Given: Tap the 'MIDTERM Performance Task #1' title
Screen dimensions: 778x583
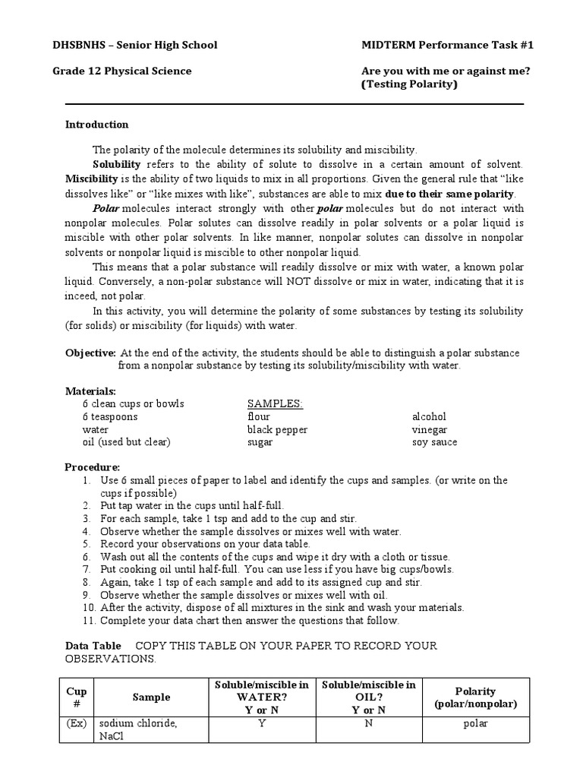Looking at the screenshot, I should point(447,45).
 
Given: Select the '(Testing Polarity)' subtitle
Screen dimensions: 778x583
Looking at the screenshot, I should point(410,84).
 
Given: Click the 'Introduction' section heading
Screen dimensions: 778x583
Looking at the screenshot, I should point(96,125).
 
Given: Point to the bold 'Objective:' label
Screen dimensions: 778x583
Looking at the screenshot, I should point(90,353).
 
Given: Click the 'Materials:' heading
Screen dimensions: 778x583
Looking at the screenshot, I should point(90,391).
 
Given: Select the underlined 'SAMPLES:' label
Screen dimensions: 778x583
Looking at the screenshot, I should point(275,403).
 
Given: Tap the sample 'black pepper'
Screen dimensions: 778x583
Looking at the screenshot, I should point(277,429).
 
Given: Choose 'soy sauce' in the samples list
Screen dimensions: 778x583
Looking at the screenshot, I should point(434,442).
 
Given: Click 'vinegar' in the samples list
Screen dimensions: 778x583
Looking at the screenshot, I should point(429,429).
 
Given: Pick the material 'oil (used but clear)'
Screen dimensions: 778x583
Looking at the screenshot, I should point(126,442).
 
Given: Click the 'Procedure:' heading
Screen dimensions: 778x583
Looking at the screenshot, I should point(92,466).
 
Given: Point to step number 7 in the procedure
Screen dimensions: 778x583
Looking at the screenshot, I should point(88,569).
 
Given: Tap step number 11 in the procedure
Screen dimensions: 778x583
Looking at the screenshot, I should point(87,621).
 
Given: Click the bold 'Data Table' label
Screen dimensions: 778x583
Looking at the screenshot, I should point(93,646).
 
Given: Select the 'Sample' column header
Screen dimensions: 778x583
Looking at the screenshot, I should point(151,697).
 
